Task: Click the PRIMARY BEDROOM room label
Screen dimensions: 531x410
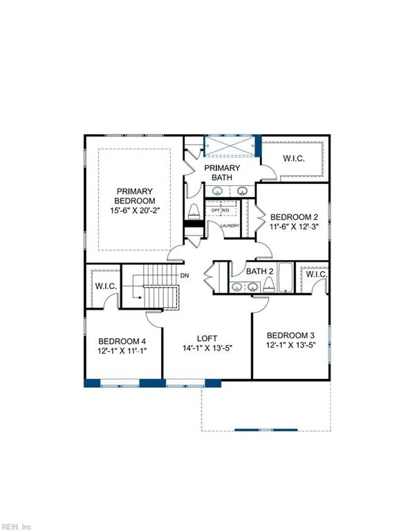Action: click(x=134, y=197)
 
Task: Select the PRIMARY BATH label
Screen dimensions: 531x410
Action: click(x=221, y=173)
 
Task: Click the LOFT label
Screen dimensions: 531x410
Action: click(x=207, y=338)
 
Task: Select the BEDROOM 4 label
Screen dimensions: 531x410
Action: click(x=122, y=341)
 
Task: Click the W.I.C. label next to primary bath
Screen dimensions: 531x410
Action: click(x=294, y=158)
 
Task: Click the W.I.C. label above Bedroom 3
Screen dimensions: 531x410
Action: click(x=316, y=274)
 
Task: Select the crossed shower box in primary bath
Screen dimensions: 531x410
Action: click(x=230, y=147)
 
